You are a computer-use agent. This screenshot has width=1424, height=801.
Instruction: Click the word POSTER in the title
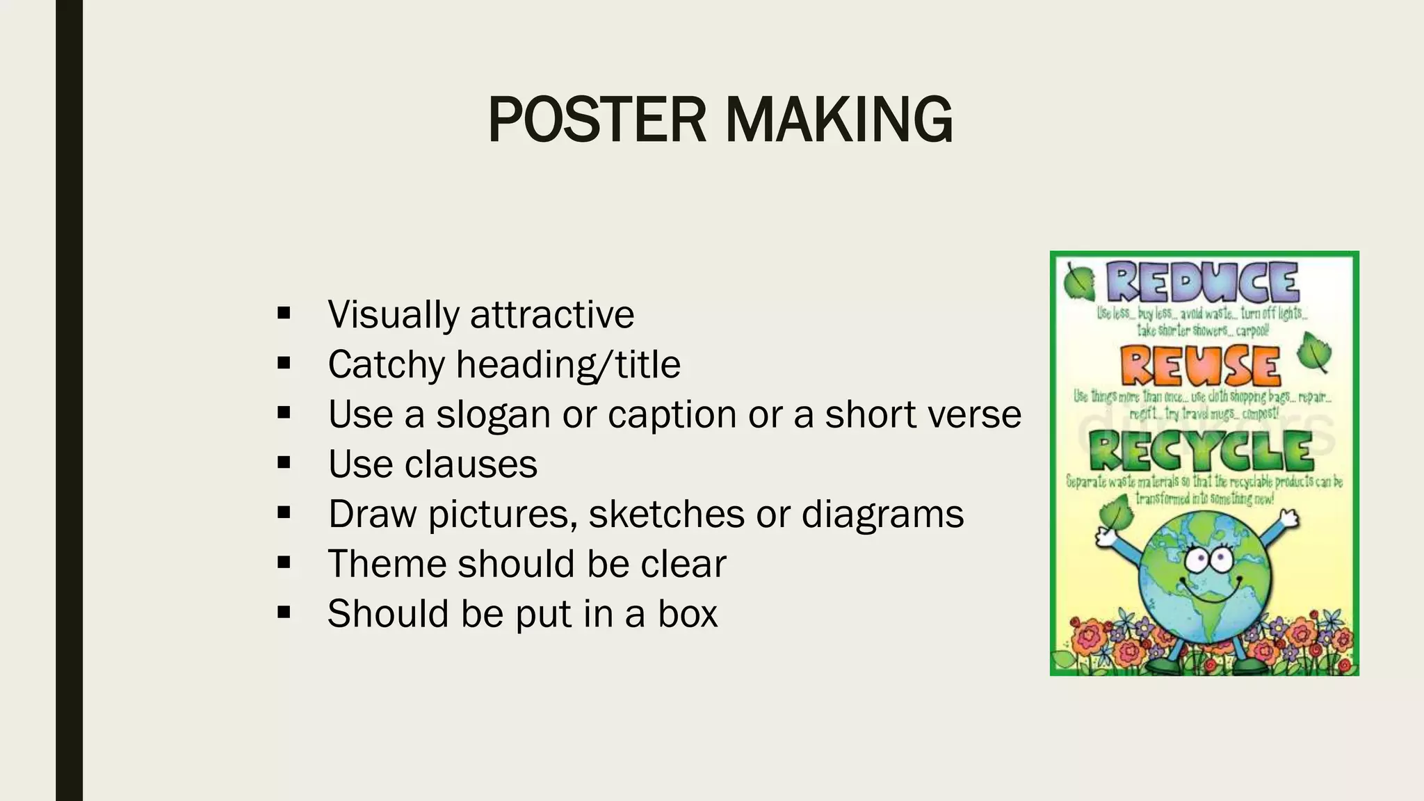(597, 120)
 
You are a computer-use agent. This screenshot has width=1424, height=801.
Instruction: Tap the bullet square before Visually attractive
(283, 314)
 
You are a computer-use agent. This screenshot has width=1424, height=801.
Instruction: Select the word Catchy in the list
(386, 364)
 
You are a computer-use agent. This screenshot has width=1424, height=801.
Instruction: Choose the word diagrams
(882, 514)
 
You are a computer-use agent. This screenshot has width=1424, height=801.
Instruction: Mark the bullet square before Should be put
(283, 613)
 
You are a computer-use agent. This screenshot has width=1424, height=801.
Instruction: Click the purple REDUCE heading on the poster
(1202, 284)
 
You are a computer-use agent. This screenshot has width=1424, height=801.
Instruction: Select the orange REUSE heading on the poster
(1200, 366)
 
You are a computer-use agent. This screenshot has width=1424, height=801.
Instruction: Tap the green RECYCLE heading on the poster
(1200, 451)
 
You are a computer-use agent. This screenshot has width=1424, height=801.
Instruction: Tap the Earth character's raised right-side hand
(1290, 518)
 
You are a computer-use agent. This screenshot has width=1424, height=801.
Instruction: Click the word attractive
(552, 314)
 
